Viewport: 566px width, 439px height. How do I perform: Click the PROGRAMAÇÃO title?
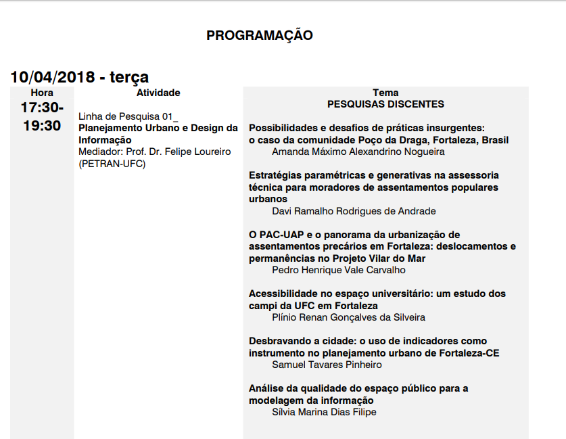[x=259, y=35]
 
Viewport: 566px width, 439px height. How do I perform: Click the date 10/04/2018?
[x=52, y=77]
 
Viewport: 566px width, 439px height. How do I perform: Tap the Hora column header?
[x=42, y=93]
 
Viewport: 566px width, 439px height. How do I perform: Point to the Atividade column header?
[x=158, y=93]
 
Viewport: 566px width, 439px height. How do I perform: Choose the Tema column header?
[x=385, y=93]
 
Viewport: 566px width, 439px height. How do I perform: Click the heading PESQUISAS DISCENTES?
[x=385, y=104]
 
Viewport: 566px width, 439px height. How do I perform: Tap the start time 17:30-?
[x=42, y=108]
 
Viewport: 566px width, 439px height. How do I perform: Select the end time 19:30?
[x=42, y=126]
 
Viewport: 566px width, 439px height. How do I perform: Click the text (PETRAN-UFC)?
[x=112, y=163]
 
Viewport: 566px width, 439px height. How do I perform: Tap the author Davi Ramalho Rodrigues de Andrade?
[x=354, y=211]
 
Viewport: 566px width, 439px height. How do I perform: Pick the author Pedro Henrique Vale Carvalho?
[x=339, y=270]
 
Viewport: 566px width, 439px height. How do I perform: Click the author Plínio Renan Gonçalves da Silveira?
[x=348, y=317]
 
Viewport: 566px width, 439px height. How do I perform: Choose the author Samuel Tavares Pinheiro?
[x=327, y=365]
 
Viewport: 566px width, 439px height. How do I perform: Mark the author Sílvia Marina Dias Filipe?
[x=324, y=412]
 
